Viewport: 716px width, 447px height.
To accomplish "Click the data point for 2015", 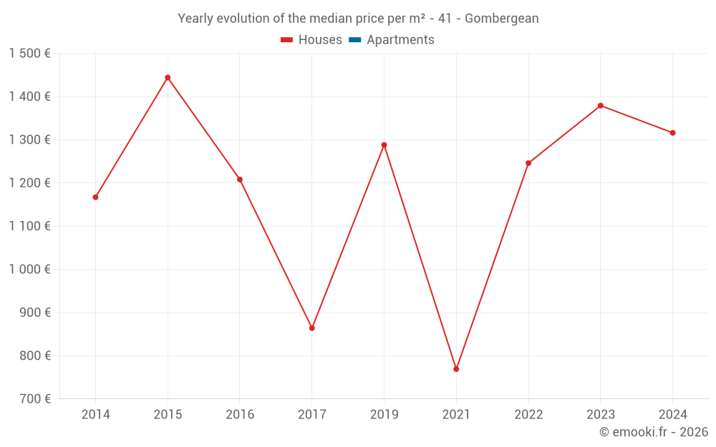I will [168, 77].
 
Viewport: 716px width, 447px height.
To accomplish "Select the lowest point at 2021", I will [456, 369].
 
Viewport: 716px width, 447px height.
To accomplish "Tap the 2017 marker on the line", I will [312, 328].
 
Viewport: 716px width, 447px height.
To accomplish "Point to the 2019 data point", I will [384, 145].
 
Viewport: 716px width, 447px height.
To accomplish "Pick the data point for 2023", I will [601, 106].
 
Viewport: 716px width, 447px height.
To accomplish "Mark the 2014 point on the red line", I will [95, 197].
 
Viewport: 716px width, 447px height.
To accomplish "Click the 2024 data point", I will [672, 133].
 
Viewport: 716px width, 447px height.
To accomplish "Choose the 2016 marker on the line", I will [240, 180].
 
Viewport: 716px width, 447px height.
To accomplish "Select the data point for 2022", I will [528, 163].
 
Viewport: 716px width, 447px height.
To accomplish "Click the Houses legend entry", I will [311, 40].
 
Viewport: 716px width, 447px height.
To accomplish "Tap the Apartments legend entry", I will [392, 40].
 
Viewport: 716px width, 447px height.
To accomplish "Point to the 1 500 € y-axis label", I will [29, 54].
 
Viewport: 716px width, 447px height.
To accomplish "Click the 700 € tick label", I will [34, 399].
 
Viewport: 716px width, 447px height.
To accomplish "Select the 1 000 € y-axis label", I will [29, 270].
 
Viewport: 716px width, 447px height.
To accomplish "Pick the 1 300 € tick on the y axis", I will [29, 140].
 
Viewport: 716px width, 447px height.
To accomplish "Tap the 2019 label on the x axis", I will [384, 415].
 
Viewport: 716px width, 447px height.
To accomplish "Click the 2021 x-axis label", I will [456, 415].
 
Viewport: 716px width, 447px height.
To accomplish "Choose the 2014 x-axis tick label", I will [95, 415].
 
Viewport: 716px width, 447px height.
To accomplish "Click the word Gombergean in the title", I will [501, 19].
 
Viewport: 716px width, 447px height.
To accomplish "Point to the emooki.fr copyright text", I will [654, 432].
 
